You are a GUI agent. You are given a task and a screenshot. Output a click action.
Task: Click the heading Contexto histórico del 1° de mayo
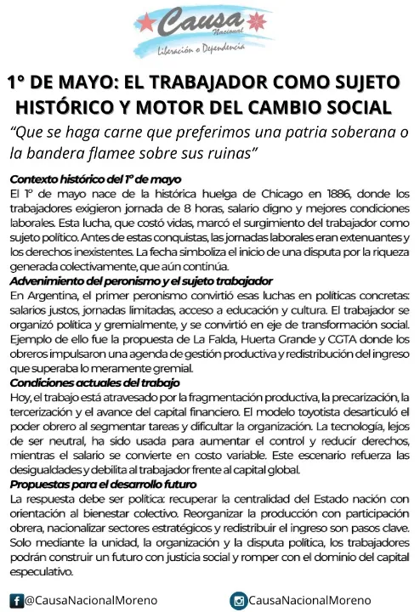(x=95, y=179)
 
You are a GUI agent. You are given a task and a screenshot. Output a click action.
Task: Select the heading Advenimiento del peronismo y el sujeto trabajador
(x=141, y=281)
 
